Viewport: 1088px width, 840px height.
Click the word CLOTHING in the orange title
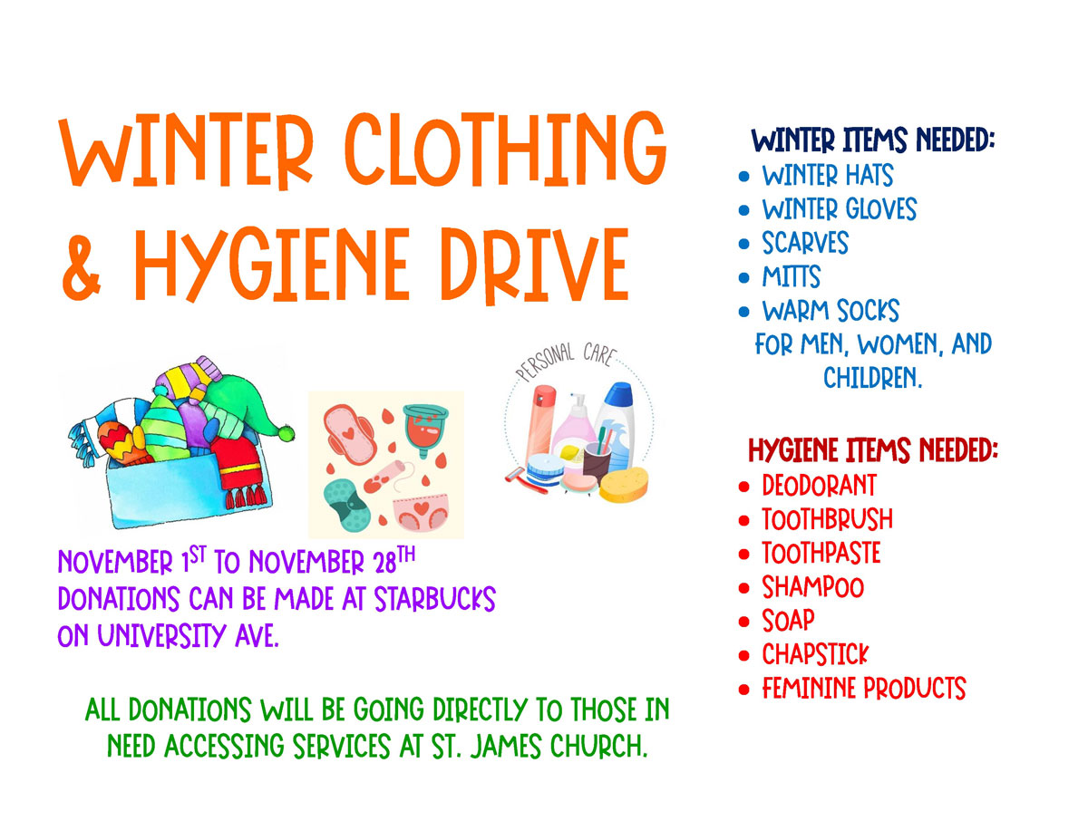[x=506, y=150]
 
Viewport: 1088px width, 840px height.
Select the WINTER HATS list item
[x=827, y=175]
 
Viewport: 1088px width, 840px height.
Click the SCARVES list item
[x=805, y=243]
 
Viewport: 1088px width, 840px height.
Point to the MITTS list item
[x=792, y=276]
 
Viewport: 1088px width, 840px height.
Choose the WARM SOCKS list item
[x=831, y=310]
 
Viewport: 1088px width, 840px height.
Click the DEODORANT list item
[x=819, y=486]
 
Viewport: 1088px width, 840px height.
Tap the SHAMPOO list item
[x=812, y=587]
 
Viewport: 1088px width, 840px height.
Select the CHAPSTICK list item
[x=815, y=654]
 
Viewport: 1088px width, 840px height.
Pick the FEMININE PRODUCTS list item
[x=864, y=688]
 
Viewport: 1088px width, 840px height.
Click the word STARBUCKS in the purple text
[x=434, y=599]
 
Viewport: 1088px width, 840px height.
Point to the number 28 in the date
[x=385, y=564]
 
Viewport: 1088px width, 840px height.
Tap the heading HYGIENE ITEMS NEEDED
[x=873, y=449]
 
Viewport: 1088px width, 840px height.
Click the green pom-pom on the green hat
[x=287, y=433]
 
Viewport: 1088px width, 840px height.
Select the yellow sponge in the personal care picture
[x=624, y=484]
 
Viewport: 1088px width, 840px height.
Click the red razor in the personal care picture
[x=526, y=481]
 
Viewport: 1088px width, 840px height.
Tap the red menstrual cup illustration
[x=425, y=430]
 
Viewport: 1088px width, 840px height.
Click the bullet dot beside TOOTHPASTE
[x=744, y=555]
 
